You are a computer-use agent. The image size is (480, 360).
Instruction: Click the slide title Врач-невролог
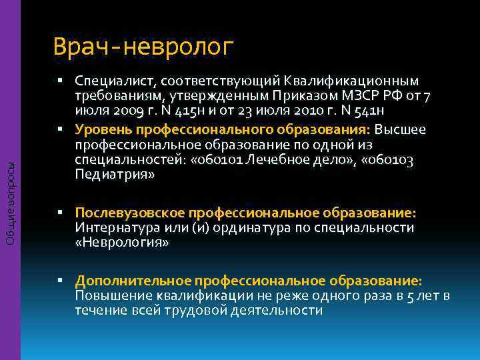tap(143, 47)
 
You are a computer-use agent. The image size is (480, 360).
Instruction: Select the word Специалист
tap(113, 81)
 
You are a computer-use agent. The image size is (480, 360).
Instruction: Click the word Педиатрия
tap(115, 175)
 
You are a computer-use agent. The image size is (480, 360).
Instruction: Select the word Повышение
tap(110, 295)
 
